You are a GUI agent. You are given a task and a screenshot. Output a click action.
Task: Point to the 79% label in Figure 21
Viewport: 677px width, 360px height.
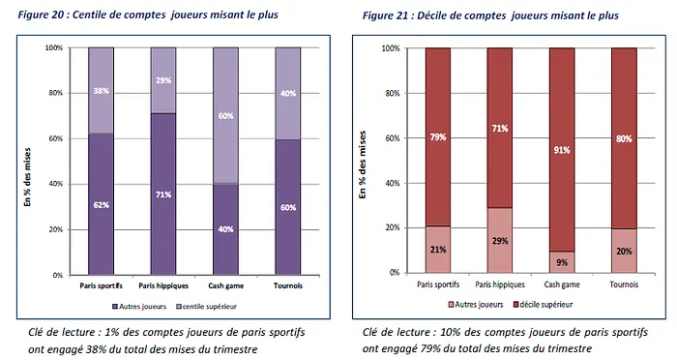437,136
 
